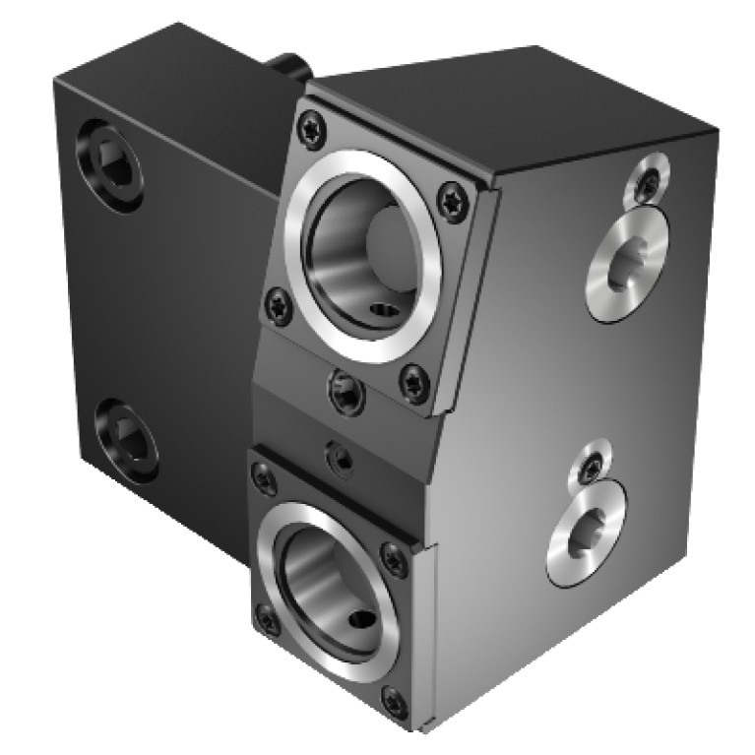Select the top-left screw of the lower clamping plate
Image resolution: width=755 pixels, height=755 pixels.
tap(263, 478)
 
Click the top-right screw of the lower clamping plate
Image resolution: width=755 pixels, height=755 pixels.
tap(395, 559)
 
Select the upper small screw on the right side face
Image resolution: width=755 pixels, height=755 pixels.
tap(647, 180)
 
